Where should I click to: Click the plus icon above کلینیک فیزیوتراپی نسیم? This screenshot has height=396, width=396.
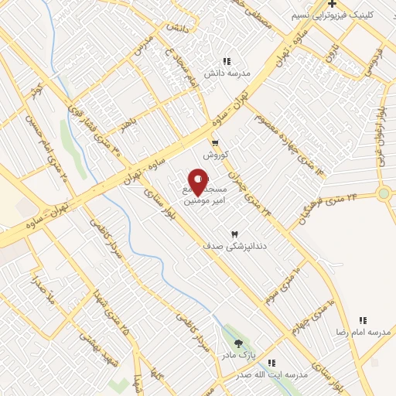[x=332, y=4]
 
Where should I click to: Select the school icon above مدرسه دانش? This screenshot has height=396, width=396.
[x=227, y=61]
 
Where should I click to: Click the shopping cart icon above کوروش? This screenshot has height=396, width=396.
[x=215, y=143]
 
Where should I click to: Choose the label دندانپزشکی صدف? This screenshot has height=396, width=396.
[x=234, y=245]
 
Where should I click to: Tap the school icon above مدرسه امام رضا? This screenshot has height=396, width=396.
[x=362, y=319]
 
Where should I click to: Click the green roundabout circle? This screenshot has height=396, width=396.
[x=384, y=193]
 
